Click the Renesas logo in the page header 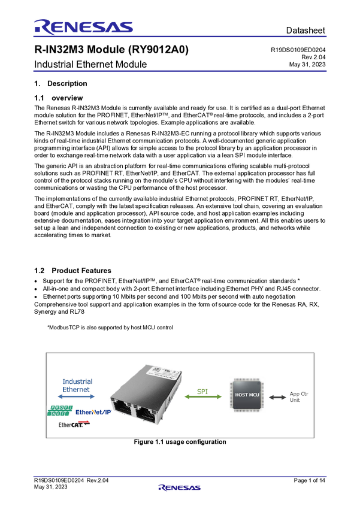tap(83, 26)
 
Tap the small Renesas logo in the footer tap(180, 488)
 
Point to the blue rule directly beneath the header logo tap(180, 37)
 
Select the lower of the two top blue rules tap(180, 71)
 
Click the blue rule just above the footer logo tap(180, 477)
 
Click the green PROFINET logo tap(60, 411)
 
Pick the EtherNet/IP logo tap(93, 411)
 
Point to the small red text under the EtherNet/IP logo tap(84, 422)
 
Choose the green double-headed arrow tap(203, 396)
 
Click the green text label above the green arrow tap(203, 390)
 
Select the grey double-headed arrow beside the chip tap(277, 396)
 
